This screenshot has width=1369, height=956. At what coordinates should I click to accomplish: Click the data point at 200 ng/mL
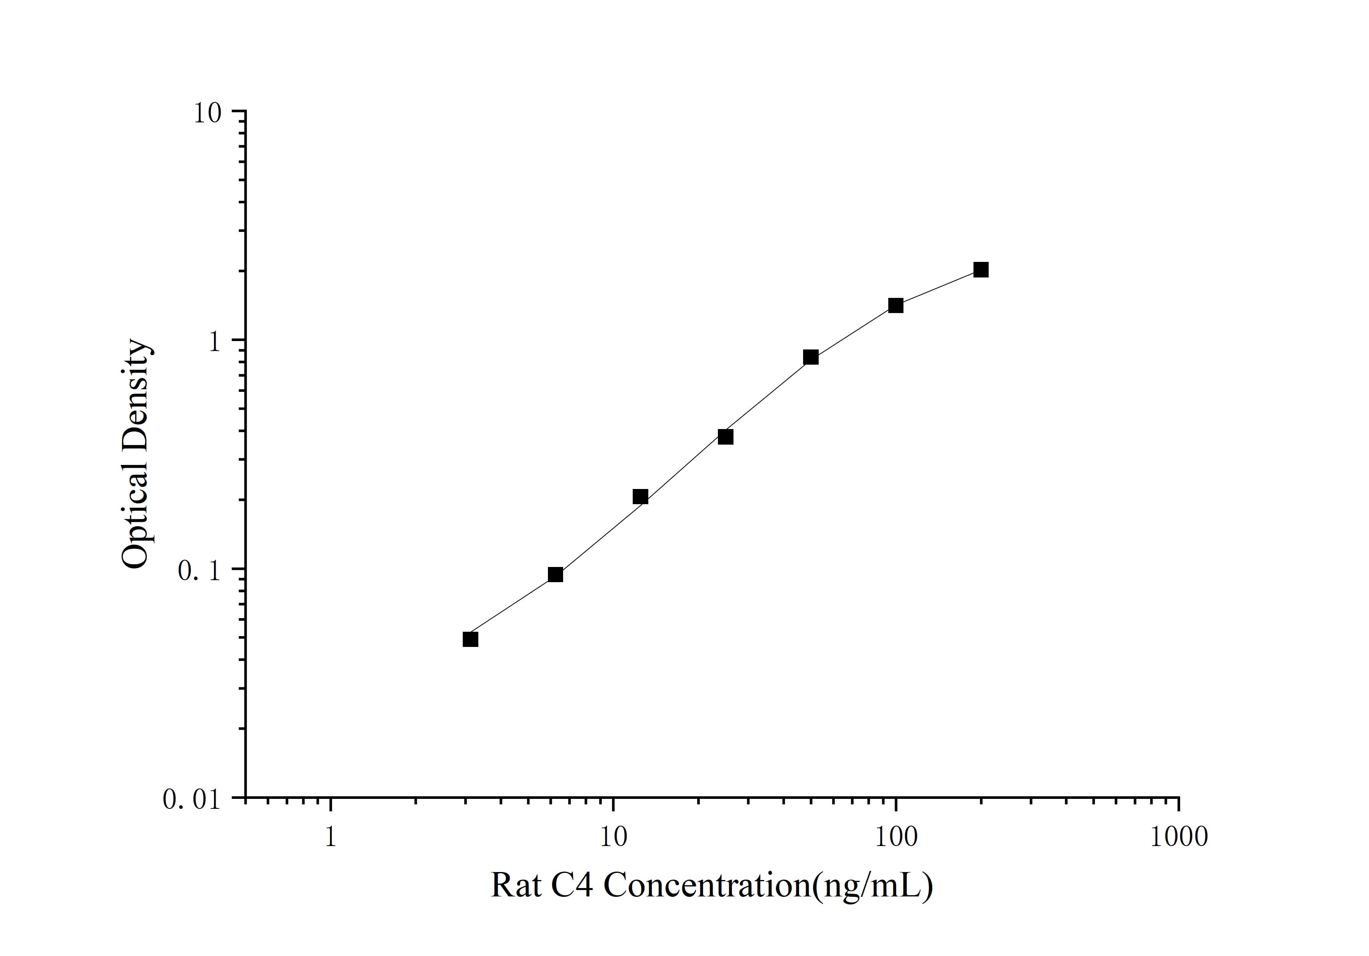(x=981, y=270)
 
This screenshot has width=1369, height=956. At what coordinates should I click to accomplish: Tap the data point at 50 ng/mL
(x=810, y=357)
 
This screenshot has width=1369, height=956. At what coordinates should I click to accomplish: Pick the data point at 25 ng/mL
(x=725, y=437)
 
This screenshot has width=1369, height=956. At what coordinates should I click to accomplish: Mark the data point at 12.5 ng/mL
(x=640, y=497)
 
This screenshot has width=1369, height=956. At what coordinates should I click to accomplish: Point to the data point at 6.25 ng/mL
(x=555, y=575)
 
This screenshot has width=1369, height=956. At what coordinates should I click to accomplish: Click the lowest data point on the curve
(x=470, y=639)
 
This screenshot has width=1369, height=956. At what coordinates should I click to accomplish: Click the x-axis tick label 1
(x=331, y=837)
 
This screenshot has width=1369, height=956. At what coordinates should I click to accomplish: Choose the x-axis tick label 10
(x=613, y=837)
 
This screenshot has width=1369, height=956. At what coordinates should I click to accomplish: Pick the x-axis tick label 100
(x=895, y=837)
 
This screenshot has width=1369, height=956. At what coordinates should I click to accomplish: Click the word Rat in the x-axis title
(x=516, y=886)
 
